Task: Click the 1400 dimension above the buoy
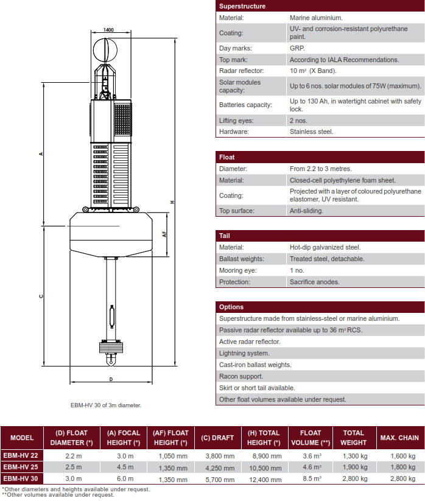pos(108,29)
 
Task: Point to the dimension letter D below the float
pos(110,379)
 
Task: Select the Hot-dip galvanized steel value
pos(325,248)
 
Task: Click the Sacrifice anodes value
pos(314,282)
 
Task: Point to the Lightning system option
pos(244,353)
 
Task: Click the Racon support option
pos(241,376)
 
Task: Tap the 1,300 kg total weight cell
pos(353,456)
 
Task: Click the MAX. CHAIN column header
pos(399,438)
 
